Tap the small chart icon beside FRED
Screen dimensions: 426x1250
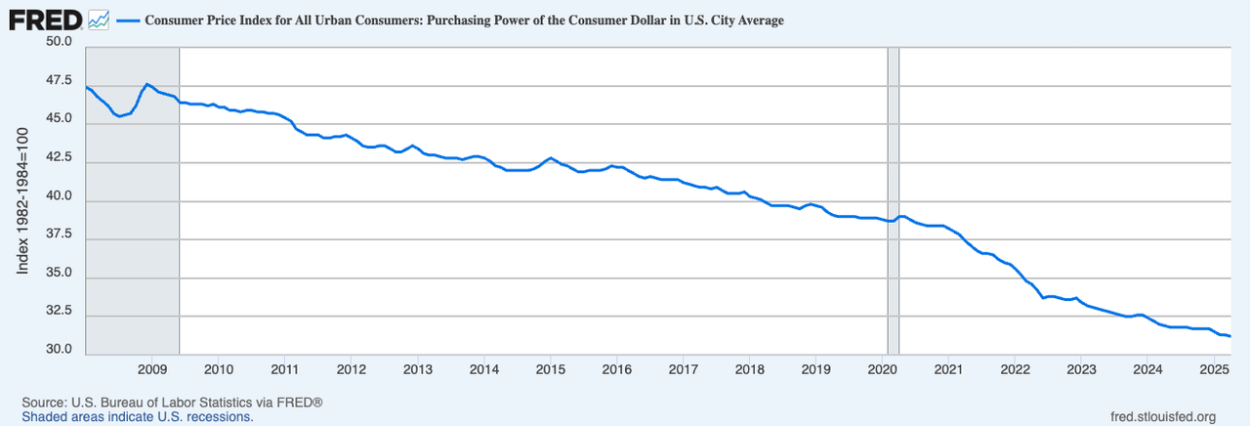98,19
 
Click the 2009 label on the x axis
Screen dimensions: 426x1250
151,369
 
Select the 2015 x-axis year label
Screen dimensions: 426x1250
550,369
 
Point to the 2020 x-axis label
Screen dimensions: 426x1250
882,369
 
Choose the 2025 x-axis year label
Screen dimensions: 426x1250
1213,369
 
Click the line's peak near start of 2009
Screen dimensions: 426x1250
146,84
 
